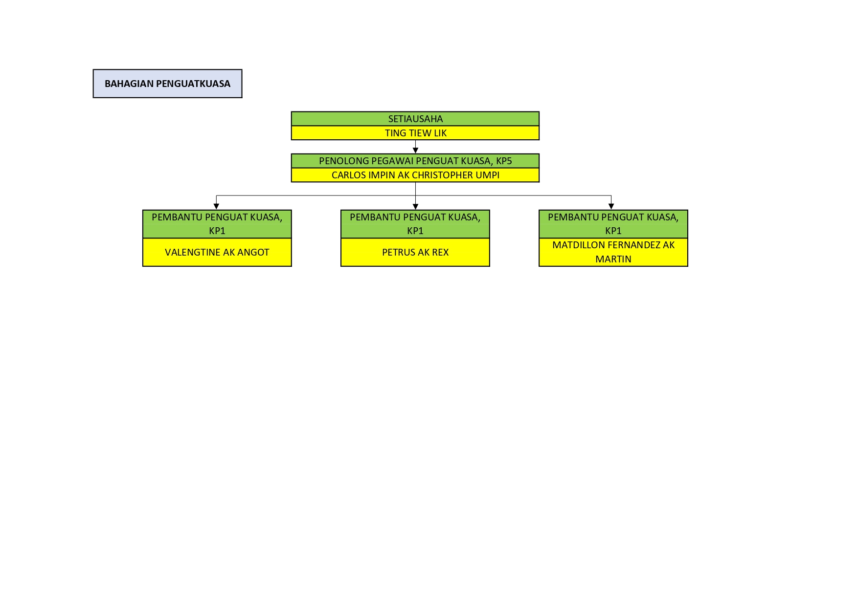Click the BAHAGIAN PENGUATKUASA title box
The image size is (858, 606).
pyautogui.click(x=167, y=84)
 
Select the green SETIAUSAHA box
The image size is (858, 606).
pyautogui.click(x=415, y=119)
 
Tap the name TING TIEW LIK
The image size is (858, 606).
pyautogui.click(x=415, y=133)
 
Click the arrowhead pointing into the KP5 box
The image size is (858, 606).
pyautogui.click(x=415, y=151)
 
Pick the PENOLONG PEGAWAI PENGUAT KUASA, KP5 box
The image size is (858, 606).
pyautogui.click(x=415, y=161)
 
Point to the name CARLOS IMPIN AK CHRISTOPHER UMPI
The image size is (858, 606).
pyautogui.click(x=415, y=175)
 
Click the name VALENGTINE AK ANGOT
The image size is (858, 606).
pyautogui.click(x=217, y=252)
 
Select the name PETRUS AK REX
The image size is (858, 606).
pyautogui.click(x=415, y=252)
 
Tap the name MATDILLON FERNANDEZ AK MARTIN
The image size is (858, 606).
pyautogui.click(x=613, y=252)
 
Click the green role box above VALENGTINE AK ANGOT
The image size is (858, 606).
pyautogui.click(x=217, y=224)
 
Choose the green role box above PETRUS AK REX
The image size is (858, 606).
pyautogui.click(x=415, y=224)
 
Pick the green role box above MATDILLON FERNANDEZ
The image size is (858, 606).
pyautogui.click(x=613, y=224)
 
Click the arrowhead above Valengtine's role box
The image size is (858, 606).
pyautogui.click(x=216, y=206)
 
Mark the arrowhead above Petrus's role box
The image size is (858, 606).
pyautogui.click(x=415, y=207)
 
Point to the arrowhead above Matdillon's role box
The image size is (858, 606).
pyautogui.click(x=611, y=206)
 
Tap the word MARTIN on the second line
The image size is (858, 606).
pyautogui.click(x=613, y=259)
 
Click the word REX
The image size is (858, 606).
pyautogui.click(x=440, y=252)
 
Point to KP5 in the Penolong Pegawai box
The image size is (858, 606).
pyautogui.click(x=503, y=161)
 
